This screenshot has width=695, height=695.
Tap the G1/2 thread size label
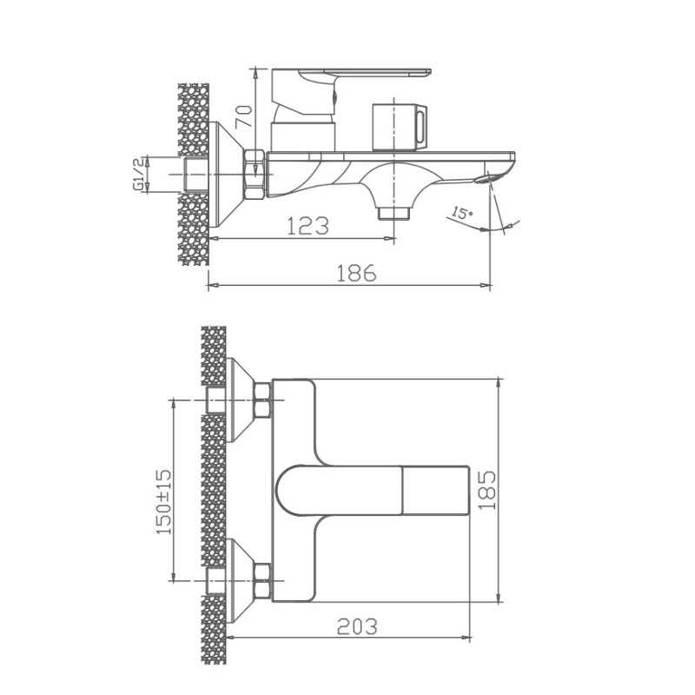[x=137, y=174]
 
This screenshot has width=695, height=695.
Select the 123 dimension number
[x=308, y=226]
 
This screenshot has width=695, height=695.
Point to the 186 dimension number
[x=356, y=273]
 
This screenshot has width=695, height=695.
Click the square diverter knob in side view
[x=399, y=127]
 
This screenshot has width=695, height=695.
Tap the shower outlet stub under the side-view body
[x=394, y=211]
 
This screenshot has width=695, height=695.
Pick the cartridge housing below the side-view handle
[x=301, y=136]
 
